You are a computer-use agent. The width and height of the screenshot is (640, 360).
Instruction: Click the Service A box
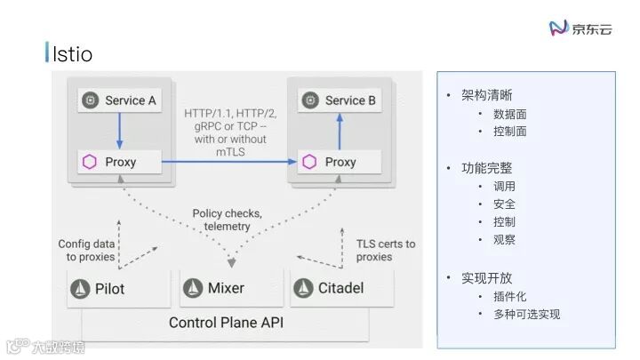tap(119, 100)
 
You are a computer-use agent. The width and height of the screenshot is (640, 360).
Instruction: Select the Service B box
tap(339, 100)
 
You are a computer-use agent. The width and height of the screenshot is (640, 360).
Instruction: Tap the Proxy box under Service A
tap(119, 162)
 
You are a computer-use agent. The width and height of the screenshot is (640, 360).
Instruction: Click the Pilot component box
tap(118, 288)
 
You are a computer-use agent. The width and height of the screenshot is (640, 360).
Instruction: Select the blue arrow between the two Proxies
tap(228, 162)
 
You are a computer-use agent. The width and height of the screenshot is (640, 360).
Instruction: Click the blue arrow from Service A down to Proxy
tap(119, 131)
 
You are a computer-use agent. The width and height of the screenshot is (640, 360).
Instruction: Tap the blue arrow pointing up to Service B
tap(339, 132)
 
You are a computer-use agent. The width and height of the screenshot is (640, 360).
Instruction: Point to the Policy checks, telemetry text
tap(227, 220)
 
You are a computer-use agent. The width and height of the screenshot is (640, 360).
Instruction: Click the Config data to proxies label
tap(86, 250)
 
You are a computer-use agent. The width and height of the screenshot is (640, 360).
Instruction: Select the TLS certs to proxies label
tap(385, 250)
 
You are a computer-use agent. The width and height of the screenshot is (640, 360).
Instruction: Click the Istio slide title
tap(72, 54)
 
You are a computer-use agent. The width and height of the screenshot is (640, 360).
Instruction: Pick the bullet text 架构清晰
tap(486, 96)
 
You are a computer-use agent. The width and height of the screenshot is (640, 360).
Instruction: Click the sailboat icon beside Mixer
tap(193, 288)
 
